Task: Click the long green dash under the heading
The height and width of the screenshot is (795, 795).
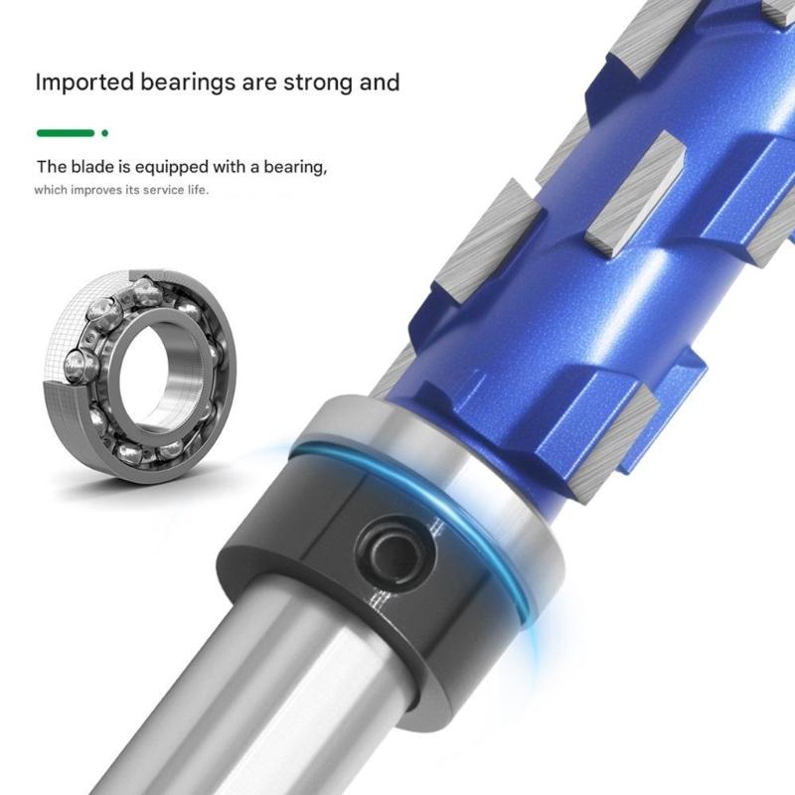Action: coord(65,132)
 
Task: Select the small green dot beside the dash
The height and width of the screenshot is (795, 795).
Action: coord(104,132)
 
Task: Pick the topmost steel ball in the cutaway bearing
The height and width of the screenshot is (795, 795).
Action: coord(146,290)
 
